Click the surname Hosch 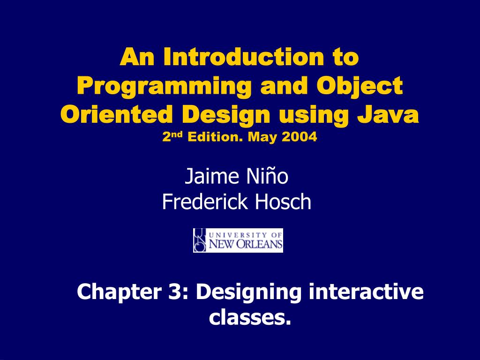pos(283,202)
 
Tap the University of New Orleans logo pos(238,240)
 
